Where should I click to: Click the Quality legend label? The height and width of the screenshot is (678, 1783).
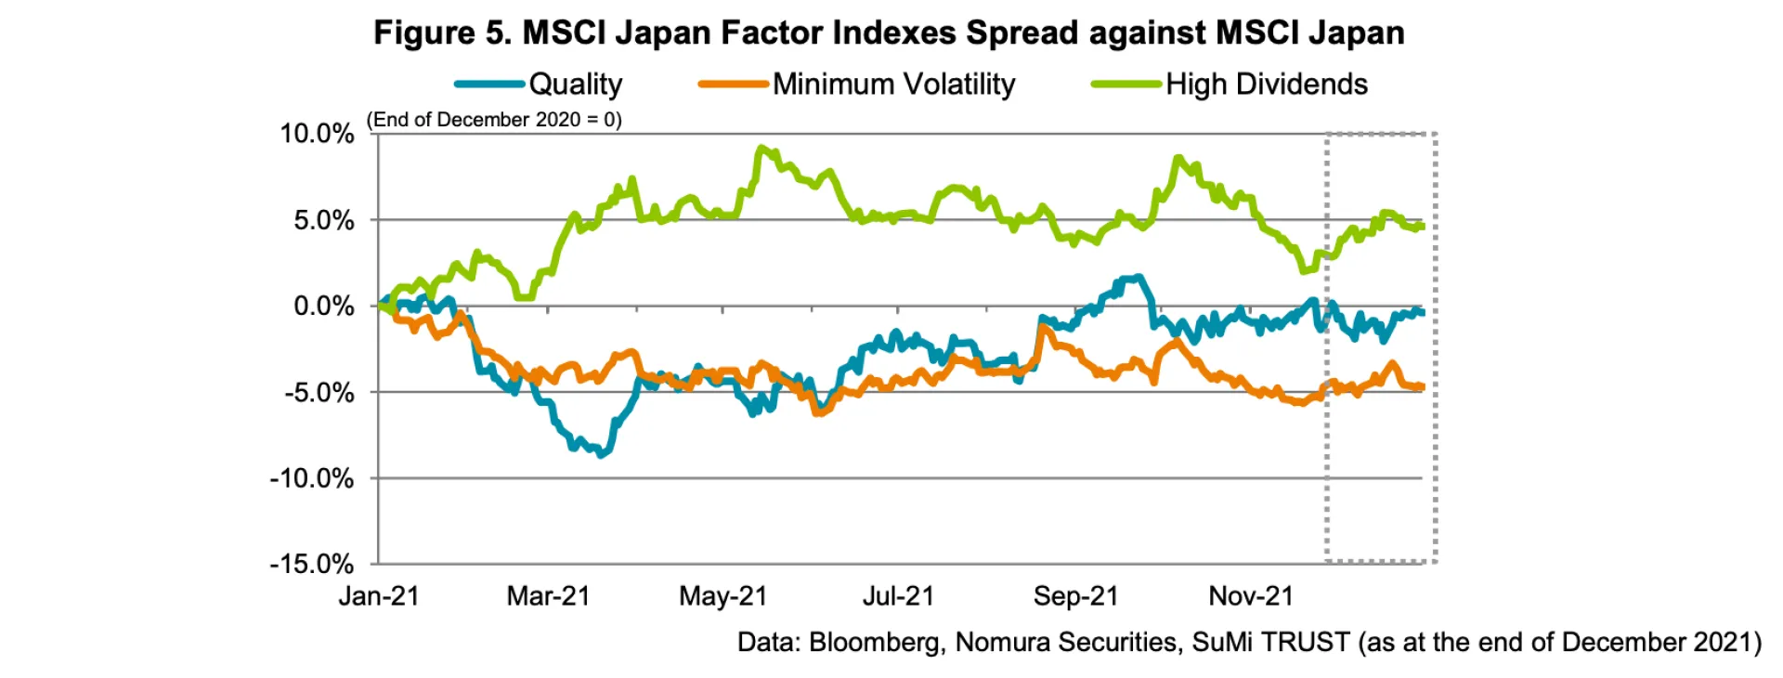tap(575, 85)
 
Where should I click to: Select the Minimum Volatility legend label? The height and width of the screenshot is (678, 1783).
tap(893, 85)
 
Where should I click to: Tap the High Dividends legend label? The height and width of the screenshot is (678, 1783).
tap(1266, 85)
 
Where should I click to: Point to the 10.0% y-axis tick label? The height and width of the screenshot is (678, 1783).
tap(317, 134)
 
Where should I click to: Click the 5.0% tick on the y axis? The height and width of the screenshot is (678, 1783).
tap(324, 221)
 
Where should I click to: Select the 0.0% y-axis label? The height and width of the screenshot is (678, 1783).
tap(324, 306)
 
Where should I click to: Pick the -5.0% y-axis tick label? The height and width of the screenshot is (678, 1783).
tap(319, 393)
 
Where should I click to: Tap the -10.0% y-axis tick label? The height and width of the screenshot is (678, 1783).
tap(312, 479)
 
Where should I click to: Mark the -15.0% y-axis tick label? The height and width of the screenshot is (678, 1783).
tap(312, 565)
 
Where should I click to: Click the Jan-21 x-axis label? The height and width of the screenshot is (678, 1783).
tap(379, 596)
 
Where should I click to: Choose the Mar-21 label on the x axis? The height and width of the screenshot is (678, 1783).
tap(548, 596)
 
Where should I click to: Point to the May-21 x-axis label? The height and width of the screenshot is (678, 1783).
tap(723, 596)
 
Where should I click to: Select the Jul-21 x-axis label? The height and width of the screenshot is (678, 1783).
tap(898, 596)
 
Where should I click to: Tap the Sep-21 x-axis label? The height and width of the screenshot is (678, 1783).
tap(1075, 596)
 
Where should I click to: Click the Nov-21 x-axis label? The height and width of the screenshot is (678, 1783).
tap(1251, 596)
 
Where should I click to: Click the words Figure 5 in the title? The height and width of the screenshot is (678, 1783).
tap(441, 33)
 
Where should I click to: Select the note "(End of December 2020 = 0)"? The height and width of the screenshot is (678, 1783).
tap(494, 120)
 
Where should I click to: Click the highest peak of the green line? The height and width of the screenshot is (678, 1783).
tap(761, 149)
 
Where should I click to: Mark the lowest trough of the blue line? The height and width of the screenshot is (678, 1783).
tap(602, 454)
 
